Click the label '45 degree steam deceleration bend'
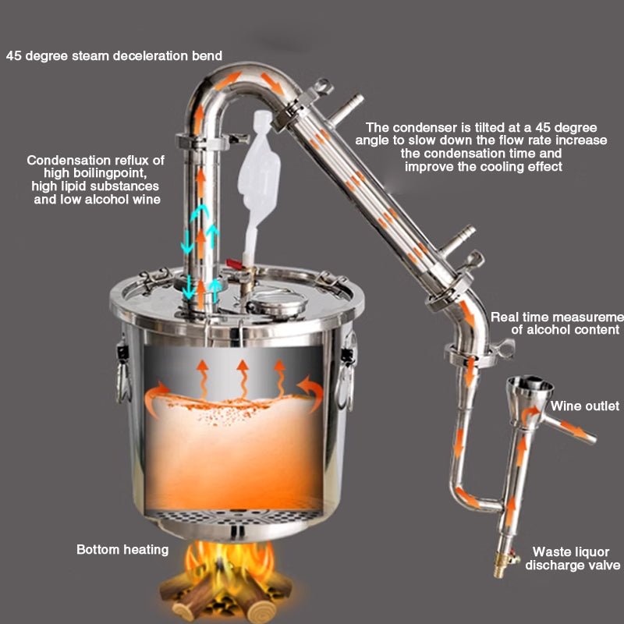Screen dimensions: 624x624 pos(114,55)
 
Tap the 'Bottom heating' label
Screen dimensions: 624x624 pos(122,550)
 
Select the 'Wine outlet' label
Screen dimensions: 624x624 pos(584,406)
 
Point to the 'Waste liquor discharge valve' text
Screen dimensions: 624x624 pos(573,558)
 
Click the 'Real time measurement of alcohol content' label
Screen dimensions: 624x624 pos(557,323)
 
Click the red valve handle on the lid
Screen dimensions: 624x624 pos(234,263)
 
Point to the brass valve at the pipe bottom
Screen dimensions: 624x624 pos(502,562)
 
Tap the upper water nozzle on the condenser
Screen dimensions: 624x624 pos(346,108)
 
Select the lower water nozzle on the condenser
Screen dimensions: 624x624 pos(458,240)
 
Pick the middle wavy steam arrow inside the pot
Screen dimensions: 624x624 pos(243,379)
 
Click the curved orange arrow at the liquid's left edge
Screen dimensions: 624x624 pos(154,398)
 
